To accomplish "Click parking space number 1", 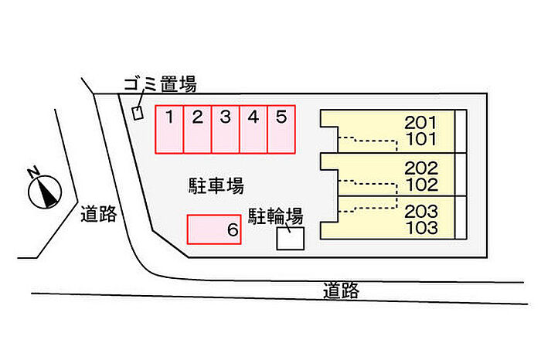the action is pos(169,129).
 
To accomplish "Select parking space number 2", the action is pos(197,129).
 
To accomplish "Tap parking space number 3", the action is pos(225,129).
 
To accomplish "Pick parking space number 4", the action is pos(253,129).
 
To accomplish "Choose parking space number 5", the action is pos(281,129).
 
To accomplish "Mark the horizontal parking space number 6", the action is pos(214,229).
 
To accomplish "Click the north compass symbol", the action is pos(45,189).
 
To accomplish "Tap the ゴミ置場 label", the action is pos(160,84).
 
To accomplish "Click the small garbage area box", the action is pos(138,113).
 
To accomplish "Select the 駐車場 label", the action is pos(216,185).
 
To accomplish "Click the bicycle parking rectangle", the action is pos(291,239).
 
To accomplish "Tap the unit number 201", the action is pos(421,122).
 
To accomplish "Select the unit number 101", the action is pos(421,140).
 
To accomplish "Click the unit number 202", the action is pos(421,168).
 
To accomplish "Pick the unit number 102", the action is pos(421,185).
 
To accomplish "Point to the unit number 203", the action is pos(421,211).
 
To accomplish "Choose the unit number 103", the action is pos(421,229).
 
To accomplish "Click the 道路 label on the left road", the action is pos(98,214).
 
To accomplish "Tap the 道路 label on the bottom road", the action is pos(341,291).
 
